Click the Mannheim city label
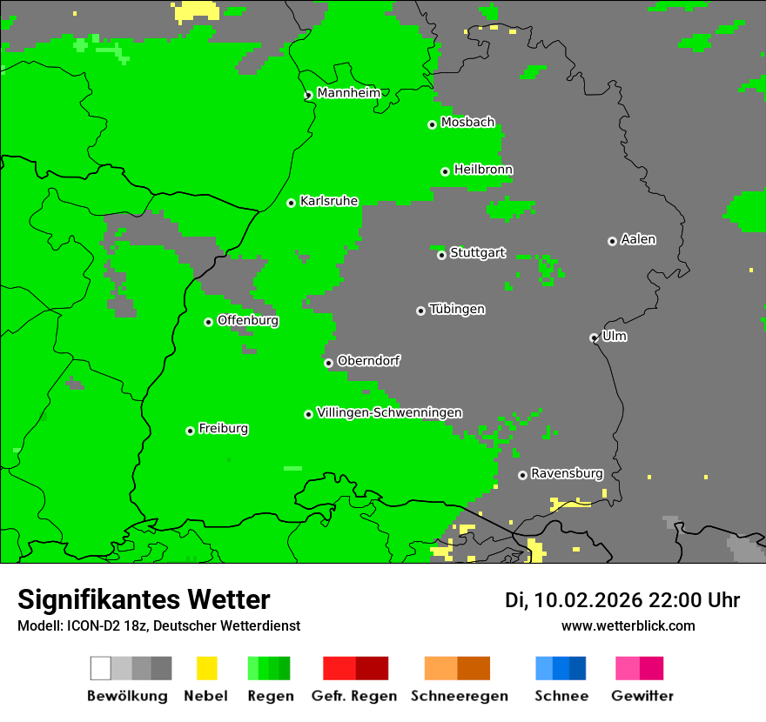(349, 93)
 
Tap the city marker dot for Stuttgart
(441, 255)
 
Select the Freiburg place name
(223, 429)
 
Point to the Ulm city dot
(594, 338)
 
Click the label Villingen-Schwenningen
(389, 412)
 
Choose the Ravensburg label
(567, 474)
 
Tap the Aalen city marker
(612, 241)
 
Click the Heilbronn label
(483, 170)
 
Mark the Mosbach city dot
(432, 124)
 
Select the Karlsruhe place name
(329, 201)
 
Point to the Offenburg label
(248, 320)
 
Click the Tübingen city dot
(420, 311)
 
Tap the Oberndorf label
(369, 361)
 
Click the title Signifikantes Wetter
(144, 600)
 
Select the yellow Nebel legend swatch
(206, 668)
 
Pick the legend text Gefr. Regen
(354, 696)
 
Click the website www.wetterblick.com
(628, 625)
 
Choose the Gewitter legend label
(642, 696)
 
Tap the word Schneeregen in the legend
(459, 696)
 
